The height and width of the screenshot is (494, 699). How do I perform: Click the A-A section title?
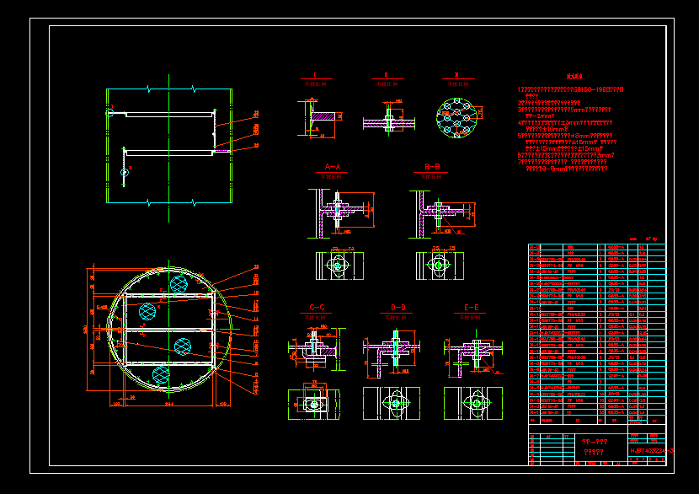point(332,167)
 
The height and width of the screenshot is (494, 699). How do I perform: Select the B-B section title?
point(433,167)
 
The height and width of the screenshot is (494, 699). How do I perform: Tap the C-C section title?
point(317,308)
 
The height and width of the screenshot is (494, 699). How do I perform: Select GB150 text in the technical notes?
point(590,89)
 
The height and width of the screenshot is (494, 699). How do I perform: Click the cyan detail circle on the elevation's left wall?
point(109,111)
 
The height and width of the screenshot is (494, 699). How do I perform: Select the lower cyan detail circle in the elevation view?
point(124,172)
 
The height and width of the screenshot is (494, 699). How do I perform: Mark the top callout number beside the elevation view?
point(256,112)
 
